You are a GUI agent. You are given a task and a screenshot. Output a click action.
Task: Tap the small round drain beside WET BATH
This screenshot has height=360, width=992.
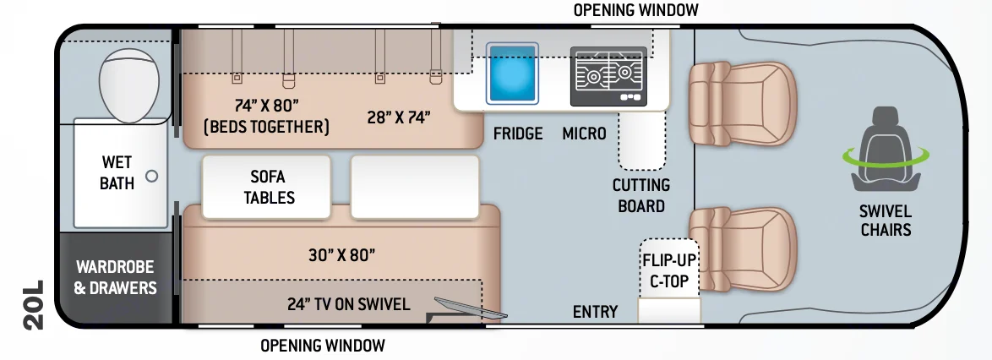pos(152,177)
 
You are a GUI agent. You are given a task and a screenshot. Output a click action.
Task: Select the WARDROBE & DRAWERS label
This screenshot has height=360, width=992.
pos(115,277)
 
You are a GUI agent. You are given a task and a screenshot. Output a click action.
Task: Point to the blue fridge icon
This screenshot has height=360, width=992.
pos(511,74)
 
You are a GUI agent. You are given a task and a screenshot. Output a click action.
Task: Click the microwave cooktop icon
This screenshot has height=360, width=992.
pos(608,75)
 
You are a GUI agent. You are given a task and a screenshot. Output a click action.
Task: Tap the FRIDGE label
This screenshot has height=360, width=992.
pos(518,134)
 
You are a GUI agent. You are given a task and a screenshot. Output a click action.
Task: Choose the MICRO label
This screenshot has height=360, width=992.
pos(584,134)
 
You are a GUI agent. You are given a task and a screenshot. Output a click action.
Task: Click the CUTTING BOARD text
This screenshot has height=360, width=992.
pos(642,195)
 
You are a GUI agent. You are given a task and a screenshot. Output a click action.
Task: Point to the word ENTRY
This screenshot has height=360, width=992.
pos(595,312)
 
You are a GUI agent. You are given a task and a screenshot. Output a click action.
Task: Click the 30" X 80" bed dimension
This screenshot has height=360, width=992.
pos(341,254)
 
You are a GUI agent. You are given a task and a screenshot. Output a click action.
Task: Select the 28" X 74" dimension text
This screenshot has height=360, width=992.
pos(398,117)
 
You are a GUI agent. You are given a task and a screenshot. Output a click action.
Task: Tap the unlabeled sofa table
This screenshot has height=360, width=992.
pos(415,186)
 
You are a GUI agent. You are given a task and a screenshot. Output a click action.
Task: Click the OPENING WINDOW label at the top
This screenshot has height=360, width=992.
pos(636,10)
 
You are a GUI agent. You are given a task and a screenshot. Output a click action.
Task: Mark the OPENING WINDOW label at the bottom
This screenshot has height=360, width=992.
pos(322,345)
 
